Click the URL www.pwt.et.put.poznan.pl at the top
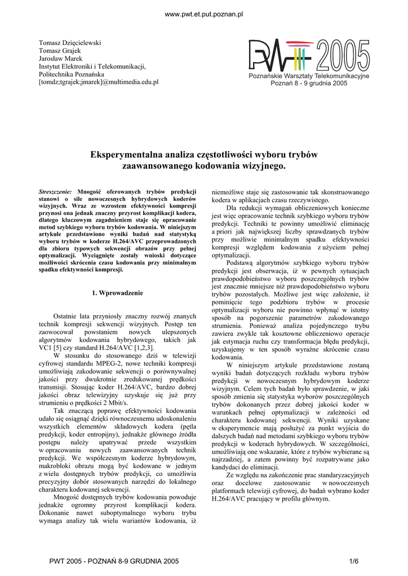tap(203, 13)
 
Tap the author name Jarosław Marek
tap(60, 58)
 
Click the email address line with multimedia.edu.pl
tap(99, 82)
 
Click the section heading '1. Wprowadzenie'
tap(117, 293)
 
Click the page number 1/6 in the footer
tap(354, 561)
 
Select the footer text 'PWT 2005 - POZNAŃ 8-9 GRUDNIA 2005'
tap(114, 561)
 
